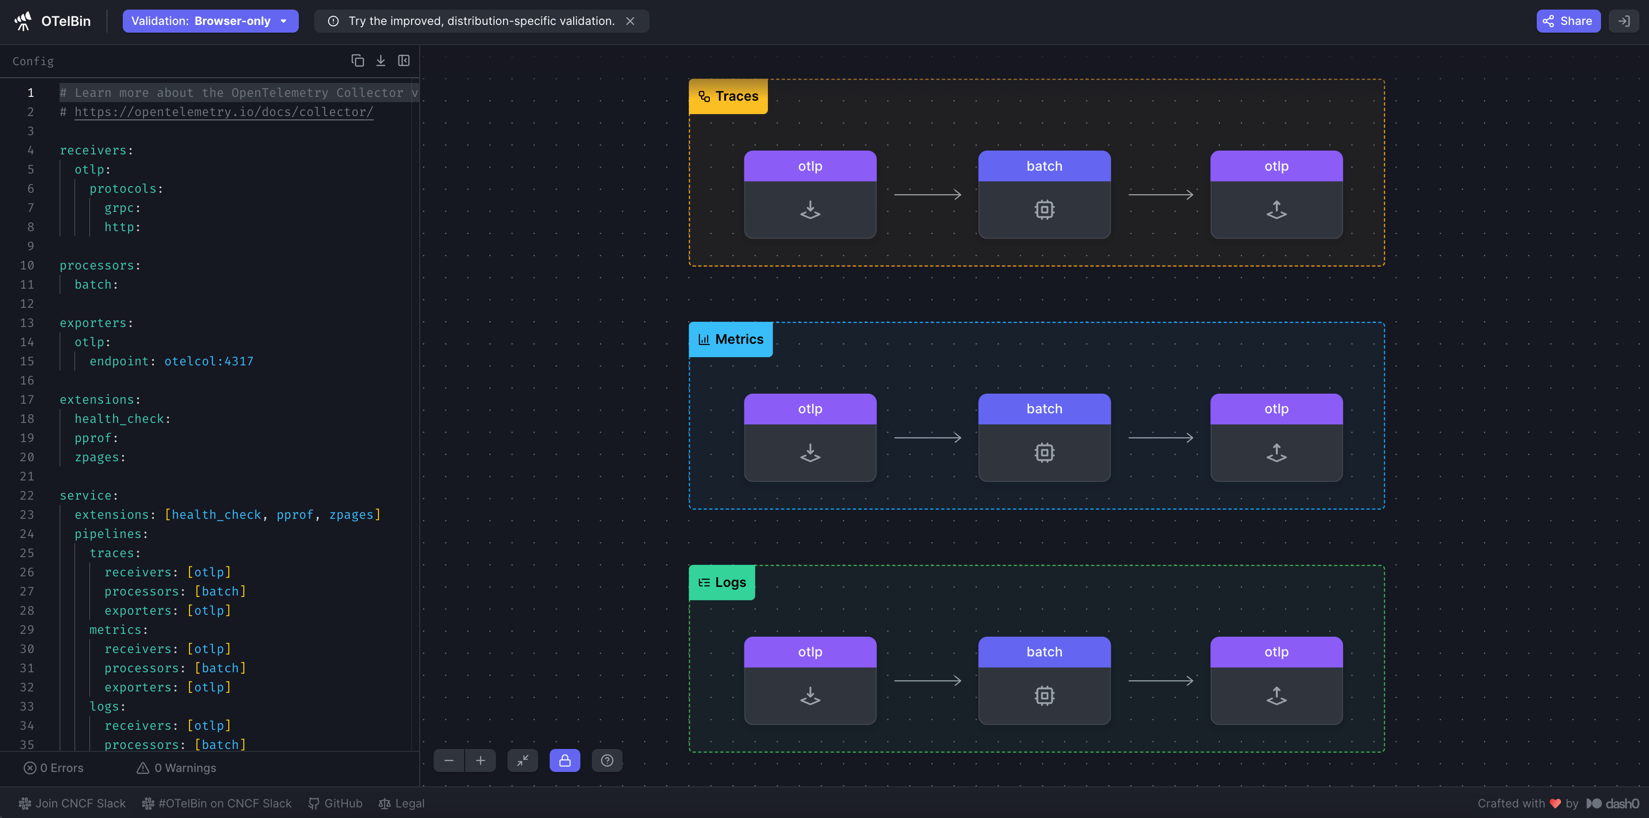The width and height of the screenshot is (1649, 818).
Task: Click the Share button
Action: (x=1568, y=21)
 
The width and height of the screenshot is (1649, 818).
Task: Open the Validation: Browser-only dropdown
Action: (x=211, y=21)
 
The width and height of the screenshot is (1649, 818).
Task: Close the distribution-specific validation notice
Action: (x=631, y=21)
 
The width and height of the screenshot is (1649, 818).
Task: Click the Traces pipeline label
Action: (x=729, y=96)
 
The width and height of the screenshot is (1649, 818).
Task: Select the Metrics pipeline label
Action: (x=731, y=339)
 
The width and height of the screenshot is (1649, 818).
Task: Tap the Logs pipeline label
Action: (x=722, y=583)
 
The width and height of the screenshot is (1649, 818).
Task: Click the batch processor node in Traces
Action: (x=1045, y=195)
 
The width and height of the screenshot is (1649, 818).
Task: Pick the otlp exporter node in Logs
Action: (x=1276, y=680)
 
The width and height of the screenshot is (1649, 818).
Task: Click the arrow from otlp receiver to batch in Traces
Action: (x=928, y=195)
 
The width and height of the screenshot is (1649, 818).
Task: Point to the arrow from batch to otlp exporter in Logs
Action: (x=1161, y=680)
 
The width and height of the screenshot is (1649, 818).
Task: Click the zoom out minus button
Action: (x=449, y=760)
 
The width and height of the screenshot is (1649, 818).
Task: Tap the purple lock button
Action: (x=565, y=760)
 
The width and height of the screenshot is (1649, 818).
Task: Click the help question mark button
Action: (x=607, y=760)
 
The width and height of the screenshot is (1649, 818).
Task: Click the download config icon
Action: (x=381, y=60)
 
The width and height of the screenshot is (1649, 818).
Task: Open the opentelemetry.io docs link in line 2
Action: (x=224, y=112)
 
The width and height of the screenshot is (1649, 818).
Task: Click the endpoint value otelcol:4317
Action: (x=209, y=362)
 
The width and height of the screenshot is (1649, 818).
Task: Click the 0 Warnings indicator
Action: (x=177, y=768)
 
